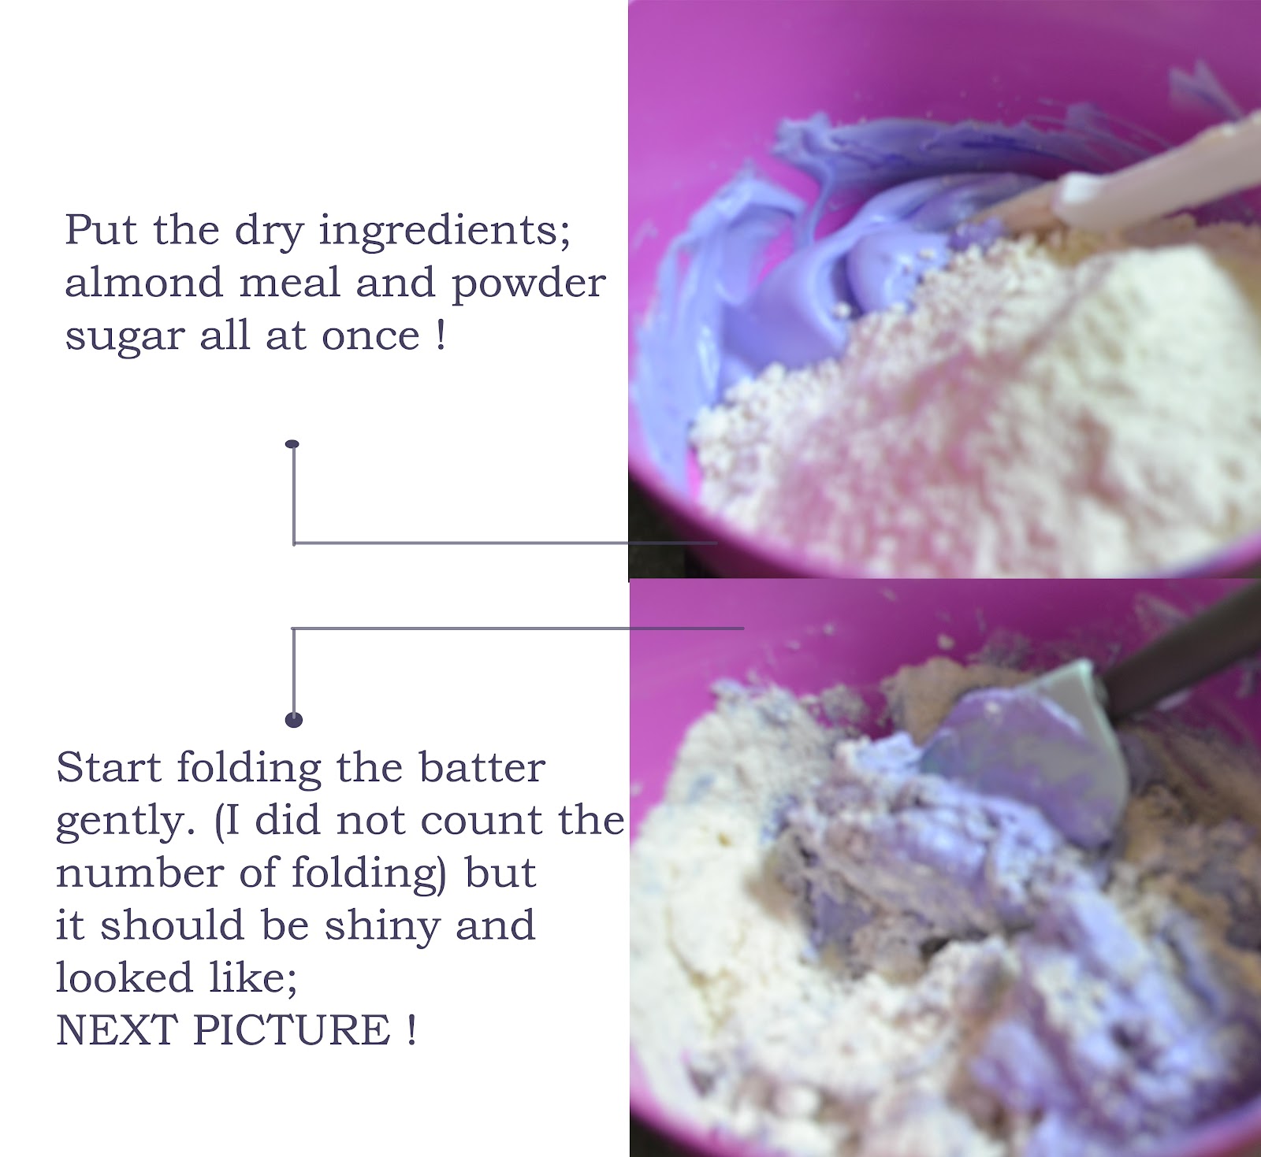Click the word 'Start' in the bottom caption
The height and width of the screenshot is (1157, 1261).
110,766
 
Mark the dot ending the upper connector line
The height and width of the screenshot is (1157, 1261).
293,444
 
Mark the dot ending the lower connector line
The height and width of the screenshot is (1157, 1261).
294,719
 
